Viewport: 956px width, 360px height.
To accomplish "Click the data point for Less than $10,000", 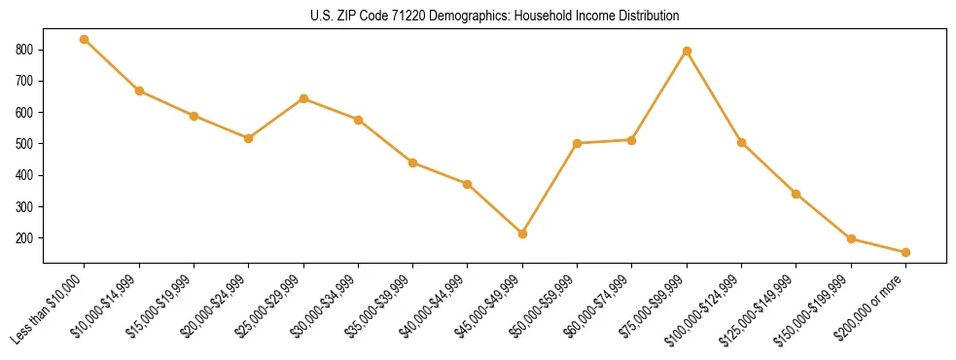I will pyautogui.click(x=85, y=39).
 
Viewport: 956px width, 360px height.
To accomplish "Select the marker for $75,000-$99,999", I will pyautogui.click(x=687, y=51).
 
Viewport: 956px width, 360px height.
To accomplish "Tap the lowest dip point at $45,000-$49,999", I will pyautogui.click(x=522, y=234).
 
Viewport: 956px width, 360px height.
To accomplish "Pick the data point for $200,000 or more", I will pyautogui.click(x=905, y=252).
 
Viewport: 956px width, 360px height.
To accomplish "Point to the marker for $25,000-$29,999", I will pyautogui.click(x=303, y=98).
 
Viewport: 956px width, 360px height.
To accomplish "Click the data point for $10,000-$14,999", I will pyautogui.click(x=139, y=90).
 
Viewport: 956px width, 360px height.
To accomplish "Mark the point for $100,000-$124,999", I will pyautogui.click(x=741, y=142).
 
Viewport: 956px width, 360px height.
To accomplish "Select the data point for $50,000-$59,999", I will pyautogui.click(x=577, y=143).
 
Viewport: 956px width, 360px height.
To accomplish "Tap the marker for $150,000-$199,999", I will pyautogui.click(x=851, y=238).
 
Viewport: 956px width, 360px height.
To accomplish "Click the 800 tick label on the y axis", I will pyautogui.click(x=24, y=50).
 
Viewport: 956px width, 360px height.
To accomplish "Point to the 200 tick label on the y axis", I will pyautogui.click(x=24, y=238).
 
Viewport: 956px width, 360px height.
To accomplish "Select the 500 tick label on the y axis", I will pyautogui.click(x=24, y=144).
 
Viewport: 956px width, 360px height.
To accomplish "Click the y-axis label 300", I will pyautogui.click(x=24, y=207).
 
